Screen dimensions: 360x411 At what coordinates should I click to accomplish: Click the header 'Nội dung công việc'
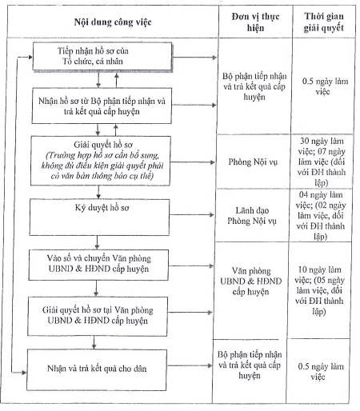pyautogui.click(x=113, y=22)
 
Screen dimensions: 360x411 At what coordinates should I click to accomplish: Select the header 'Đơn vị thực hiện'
pyautogui.click(x=255, y=22)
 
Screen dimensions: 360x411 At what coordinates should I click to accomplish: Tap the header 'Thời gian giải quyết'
pyautogui.click(x=324, y=22)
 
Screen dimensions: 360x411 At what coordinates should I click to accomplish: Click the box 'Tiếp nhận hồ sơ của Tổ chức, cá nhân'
pyautogui.click(x=102, y=57)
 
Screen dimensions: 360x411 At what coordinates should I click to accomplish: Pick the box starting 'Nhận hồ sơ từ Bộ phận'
pyautogui.click(x=102, y=106)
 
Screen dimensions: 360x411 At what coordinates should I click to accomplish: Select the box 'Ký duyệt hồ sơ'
pyautogui.click(x=99, y=217)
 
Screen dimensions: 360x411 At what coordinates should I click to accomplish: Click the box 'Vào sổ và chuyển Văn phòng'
pyautogui.click(x=98, y=265)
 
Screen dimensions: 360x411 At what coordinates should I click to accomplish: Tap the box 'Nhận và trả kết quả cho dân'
pyautogui.click(x=97, y=370)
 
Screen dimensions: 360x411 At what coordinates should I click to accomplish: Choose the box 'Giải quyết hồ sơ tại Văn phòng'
pyautogui.click(x=98, y=316)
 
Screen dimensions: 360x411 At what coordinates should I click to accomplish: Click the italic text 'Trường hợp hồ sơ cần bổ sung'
pyautogui.click(x=102, y=155)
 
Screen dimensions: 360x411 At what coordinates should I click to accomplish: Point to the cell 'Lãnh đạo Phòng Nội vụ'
pyautogui.click(x=252, y=215)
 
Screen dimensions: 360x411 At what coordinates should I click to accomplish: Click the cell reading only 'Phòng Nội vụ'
pyautogui.click(x=253, y=162)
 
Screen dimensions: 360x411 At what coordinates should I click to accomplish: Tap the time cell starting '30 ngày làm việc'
pyautogui.click(x=321, y=162)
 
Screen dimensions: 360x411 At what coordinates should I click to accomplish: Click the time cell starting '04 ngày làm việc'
pyautogui.click(x=320, y=215)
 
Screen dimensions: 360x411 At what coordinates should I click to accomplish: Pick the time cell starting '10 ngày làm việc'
pyautogui.click(x=319, y=290)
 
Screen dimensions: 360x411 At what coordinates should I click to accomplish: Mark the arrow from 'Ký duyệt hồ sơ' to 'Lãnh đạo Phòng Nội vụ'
pyautogui.click(x=191, y=214)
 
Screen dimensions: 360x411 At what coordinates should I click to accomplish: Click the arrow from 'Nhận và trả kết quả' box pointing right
pyautogui.click(x=190, y=365)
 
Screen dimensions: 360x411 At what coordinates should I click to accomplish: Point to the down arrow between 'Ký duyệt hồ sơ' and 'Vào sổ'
pyautogui.click(x=97, y=242)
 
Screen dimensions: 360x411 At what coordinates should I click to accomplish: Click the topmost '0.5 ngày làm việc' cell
pyautogui.click(x=325, y=86)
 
